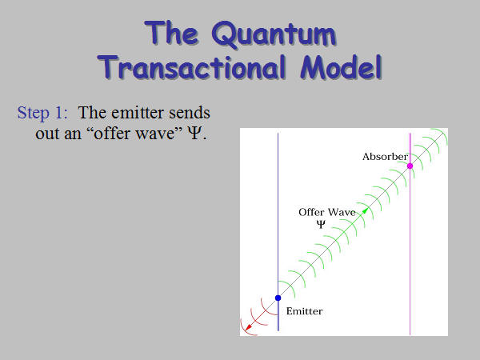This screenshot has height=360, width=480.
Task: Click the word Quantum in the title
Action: tap(274, 34)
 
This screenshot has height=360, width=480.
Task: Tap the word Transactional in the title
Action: tap(192, 68)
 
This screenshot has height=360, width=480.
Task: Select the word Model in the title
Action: tap(342, 68)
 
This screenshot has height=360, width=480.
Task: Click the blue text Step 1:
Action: tap(42, 113)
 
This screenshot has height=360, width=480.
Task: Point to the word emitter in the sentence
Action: tap(137, 113)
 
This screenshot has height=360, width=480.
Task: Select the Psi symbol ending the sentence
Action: tap(194, 134)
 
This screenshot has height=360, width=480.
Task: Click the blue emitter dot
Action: tap(278, 298)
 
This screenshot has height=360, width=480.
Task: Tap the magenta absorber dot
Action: tap(410, 166)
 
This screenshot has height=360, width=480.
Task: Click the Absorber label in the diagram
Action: tap(385, 157)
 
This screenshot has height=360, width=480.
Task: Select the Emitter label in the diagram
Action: tap(304, 311)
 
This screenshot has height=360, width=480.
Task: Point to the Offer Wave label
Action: tap(327, 212)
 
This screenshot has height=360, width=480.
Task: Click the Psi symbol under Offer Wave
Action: tap(321, 224)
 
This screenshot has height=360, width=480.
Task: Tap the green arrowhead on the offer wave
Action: tap(365, 211)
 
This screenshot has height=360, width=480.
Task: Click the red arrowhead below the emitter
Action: tap(248, 327)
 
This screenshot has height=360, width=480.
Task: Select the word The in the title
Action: tap(171, 33)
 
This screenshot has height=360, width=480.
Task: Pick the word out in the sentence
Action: tap(47, 134)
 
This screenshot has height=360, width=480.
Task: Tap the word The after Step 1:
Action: tap(92, 113)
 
